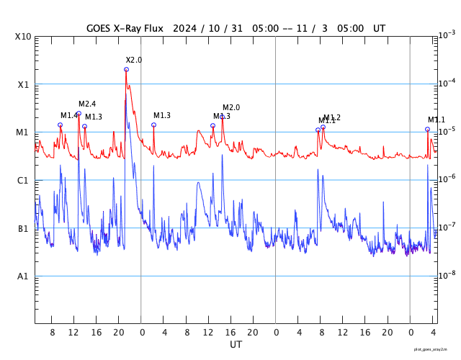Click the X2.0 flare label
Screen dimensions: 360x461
(x=134, y=60)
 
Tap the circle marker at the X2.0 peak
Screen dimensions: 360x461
(x=126, y=70)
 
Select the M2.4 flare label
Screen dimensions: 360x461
(x=87, y=104)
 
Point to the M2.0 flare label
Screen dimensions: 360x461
(x=231, y=108)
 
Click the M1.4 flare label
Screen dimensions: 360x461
(x=69, y=116)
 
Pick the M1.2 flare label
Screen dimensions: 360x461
(x=332, y=117)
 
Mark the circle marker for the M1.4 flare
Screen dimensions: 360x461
(x=60, y=125)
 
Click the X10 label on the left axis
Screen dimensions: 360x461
(x=23, y=37)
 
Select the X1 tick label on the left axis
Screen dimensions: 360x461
(x=23, y=84)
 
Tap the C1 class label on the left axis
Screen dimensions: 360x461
(x=23, y=181)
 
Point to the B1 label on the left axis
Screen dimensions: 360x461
(x=23, y=229)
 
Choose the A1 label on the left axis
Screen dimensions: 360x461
(x=23, y=276)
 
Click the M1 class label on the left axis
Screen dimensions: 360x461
(x=23, y=132)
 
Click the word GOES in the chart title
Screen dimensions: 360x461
(x=99, y=28)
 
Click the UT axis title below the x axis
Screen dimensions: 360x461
(x=236, y=345)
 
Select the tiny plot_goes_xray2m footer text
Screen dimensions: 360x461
(x=435, y=348)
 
